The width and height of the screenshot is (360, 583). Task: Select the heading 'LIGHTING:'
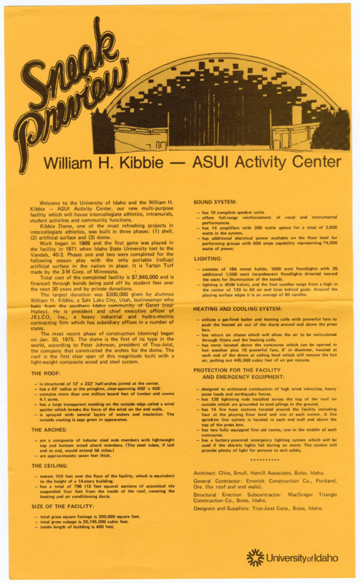coord(208,258)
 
